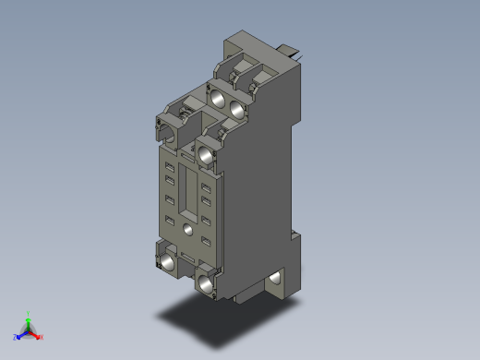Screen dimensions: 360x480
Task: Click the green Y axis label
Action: (30, 313)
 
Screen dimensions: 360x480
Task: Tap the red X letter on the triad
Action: (42, 337)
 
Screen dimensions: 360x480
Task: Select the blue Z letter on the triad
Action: (16, 337)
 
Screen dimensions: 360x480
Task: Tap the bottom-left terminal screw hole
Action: (168, 264)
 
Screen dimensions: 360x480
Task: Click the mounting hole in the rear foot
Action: (276, 277)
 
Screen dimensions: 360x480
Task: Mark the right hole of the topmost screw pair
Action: (239, 107)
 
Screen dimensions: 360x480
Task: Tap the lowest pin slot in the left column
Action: (169, 219)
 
